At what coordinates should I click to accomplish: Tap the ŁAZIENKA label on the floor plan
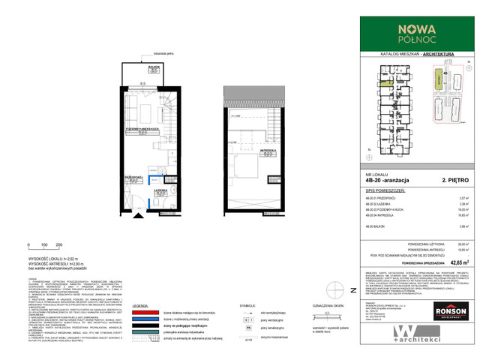click(160, 192)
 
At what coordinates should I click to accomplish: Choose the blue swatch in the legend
click(150, 320)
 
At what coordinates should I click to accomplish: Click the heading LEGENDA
click(142, 306)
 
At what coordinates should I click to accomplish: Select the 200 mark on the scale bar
click(58, 245)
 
